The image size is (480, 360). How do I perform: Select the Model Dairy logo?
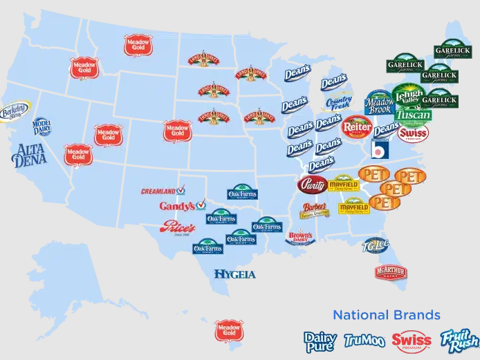point(41,127)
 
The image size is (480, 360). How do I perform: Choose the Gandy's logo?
point(182,206)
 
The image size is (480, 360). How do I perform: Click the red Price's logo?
point(178,227)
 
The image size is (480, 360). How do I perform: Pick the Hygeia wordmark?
point(234,274)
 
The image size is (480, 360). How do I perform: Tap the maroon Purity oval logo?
point(313,185)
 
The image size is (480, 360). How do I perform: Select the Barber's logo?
point(314,209)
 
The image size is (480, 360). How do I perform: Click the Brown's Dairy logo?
point(300,238)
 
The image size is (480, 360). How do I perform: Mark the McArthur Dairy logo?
point(391,272)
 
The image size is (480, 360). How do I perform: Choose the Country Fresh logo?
point(339,104)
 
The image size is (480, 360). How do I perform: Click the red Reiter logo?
point(357,125)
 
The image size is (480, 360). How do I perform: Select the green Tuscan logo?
point(413,115)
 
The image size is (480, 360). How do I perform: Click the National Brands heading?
point(386,315)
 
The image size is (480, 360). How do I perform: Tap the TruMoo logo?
point(364,340)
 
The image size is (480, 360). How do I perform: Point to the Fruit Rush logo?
point(459,340)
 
